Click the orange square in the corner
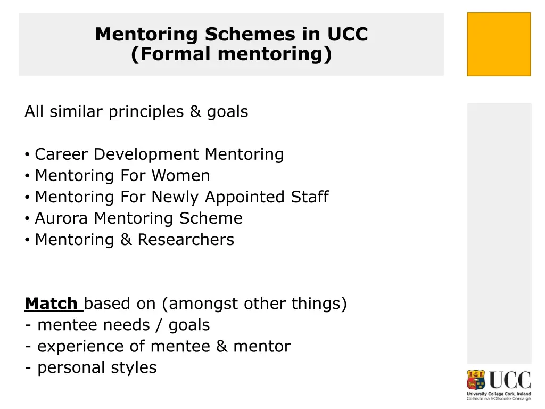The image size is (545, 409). [499, 44]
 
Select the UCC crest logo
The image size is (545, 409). [477, 381]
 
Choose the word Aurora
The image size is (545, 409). [62, 218]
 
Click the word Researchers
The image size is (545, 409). [186, 240]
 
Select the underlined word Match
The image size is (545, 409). [51, 304]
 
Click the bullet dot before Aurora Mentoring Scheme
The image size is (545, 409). [27, 219]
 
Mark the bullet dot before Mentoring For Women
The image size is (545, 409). [27, 176]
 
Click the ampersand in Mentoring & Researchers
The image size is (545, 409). [126, 240]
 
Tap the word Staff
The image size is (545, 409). [309, 197]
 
